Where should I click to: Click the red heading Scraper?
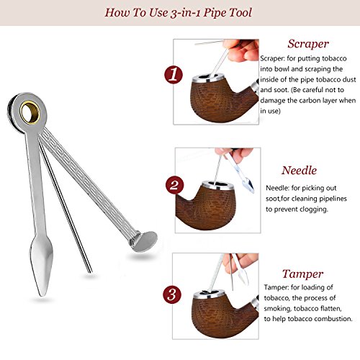307,43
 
